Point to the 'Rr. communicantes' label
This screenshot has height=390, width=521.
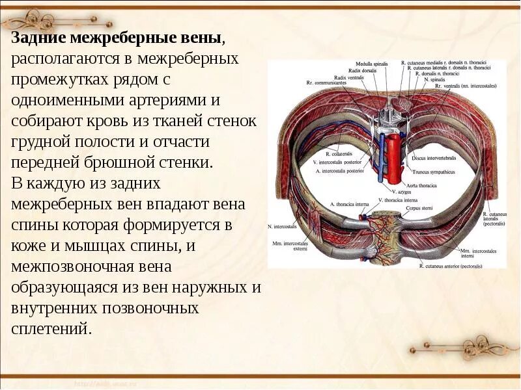click(326, 83)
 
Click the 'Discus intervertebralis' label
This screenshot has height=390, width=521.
click(436, 158)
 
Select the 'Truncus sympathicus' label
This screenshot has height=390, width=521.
click(434, 172)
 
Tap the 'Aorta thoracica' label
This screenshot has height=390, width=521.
click(427, 185)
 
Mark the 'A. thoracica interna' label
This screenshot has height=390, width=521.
click(349, 204)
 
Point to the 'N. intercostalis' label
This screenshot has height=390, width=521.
click(282, 227)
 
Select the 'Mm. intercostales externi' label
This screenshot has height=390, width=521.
click(290, 246)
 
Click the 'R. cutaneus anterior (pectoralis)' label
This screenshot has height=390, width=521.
click(451, 266)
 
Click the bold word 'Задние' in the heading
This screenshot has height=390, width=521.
click(37, 38)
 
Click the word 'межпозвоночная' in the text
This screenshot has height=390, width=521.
click(63, 266)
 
